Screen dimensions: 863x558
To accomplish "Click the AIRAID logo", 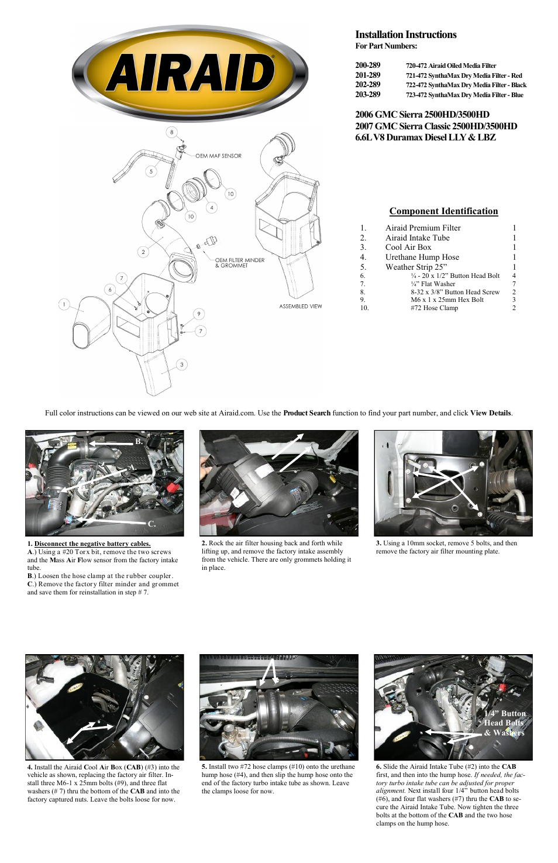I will [190, 73].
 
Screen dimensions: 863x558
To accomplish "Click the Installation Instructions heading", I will [405, 35].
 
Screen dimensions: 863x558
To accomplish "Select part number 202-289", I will [367, 85].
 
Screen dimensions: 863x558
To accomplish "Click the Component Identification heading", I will [443, 211].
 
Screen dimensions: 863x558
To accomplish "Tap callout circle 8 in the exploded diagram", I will [171, 132].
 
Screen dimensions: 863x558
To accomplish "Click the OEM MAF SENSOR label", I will [218, 156].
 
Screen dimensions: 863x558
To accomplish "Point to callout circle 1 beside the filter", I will [64, 304].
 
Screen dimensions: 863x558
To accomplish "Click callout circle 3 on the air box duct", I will [181, 365].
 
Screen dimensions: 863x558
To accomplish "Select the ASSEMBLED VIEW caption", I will [300, 306].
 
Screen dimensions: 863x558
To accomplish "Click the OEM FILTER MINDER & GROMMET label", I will [239, 263].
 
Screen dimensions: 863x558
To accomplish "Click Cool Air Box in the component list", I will [408, 247].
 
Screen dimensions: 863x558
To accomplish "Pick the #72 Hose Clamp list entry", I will [434, 308].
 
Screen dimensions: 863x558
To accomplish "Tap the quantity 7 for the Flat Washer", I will [514, 284].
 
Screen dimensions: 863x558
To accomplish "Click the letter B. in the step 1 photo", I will [139, 442].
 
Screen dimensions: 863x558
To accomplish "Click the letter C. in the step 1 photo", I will [151, 524].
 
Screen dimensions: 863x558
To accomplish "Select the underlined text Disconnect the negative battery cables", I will [92, 544].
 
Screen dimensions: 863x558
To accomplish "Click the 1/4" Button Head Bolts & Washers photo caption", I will [504, 723].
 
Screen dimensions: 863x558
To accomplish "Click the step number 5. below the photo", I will [204, 766].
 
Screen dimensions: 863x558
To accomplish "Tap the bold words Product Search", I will [306, 413].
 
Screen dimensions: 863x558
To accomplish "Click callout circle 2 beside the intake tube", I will [143, 252].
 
